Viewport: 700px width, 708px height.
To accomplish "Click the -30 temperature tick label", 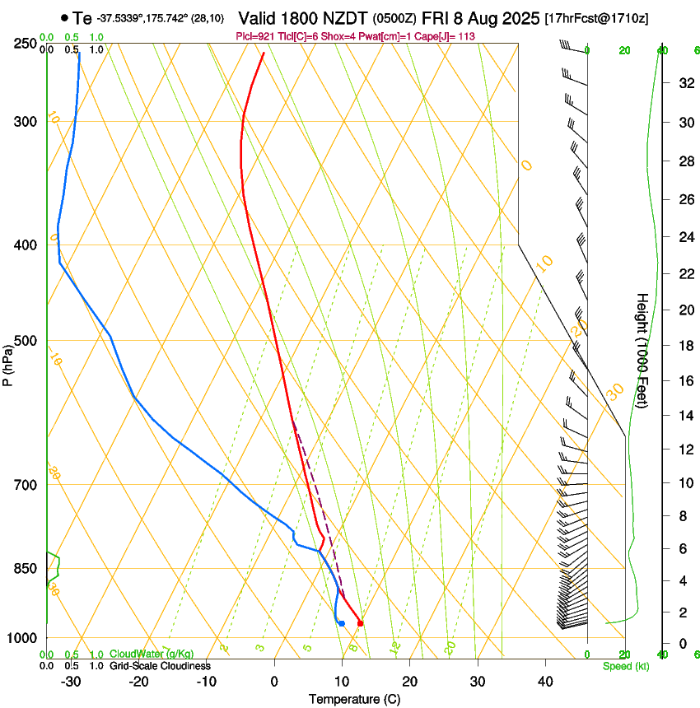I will (71, 682).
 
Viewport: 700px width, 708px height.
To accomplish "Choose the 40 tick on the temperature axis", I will (545, 682).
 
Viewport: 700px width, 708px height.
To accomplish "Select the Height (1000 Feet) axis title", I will (642, 351).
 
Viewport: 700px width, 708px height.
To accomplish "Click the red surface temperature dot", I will (360, 623).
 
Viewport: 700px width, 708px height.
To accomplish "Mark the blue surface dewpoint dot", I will (341, 623).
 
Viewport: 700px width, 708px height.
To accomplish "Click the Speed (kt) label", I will (625, 666).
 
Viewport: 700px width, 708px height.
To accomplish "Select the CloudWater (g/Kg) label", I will (152, 654).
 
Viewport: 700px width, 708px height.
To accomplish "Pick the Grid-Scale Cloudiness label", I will (160, 666).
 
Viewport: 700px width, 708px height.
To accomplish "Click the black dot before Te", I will (64, 17).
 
